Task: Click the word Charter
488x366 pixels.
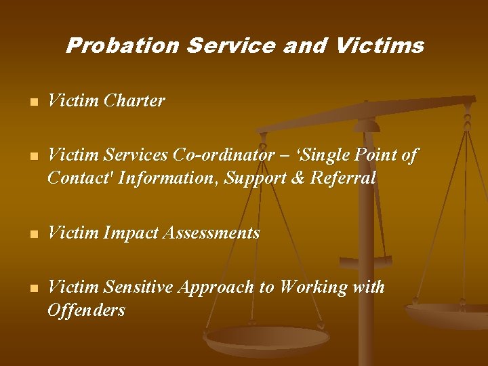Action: click(x=134, y=101)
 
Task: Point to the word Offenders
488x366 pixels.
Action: click(x=86, y=310)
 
